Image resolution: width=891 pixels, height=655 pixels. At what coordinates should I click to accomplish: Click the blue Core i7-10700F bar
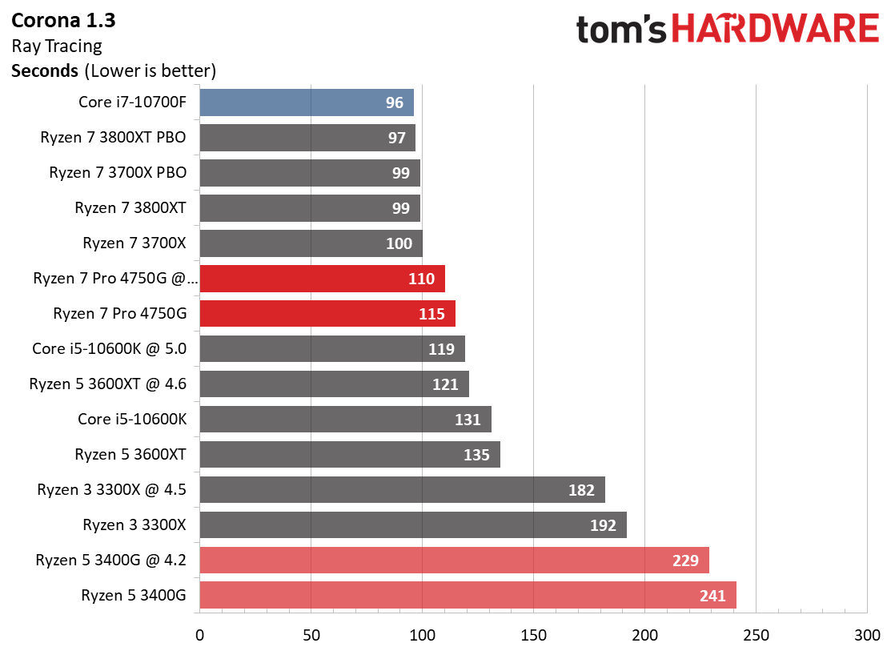click(306, 102)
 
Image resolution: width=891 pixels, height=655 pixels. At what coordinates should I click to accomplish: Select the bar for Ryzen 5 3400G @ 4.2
click(454, 561)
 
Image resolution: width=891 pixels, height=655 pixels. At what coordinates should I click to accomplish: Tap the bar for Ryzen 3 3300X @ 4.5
click(402, 490)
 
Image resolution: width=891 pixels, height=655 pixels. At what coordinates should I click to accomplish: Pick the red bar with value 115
click(327, 314)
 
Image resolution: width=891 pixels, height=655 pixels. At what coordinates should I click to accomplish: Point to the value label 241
click(712, 596)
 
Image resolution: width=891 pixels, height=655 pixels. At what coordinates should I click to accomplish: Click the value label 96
click(394, 102)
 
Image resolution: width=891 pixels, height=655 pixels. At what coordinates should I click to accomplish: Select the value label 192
click(603, 525)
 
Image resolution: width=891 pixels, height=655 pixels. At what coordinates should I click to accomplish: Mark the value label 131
click(468, 420)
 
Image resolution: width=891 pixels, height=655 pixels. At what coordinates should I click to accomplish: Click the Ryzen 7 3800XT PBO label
click(113, 137)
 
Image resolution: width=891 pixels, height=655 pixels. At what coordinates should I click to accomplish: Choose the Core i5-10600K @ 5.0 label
click(109, 348)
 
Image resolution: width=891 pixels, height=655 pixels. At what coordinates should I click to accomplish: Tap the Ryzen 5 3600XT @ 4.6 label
click(107, 384)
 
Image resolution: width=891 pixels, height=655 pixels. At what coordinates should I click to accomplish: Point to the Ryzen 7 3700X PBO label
click(118, 172)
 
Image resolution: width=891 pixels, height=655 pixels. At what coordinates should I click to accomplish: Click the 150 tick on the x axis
click(533, 636)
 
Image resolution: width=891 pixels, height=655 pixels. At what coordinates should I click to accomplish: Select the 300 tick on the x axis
click(867, 636)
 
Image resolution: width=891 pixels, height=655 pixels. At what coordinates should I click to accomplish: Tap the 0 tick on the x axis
click(199, 636)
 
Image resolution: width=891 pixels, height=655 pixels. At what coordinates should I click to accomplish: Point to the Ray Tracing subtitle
click(57, 46)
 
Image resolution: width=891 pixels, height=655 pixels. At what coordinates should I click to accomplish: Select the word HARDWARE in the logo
click(775, 30)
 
